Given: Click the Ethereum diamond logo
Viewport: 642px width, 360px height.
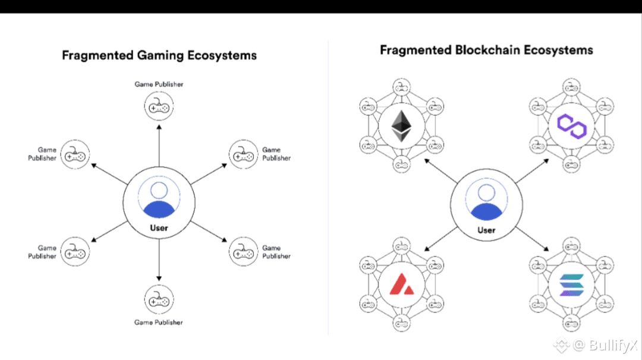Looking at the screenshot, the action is [x=401, y=126].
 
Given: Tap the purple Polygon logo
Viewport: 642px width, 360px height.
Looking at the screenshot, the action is [x=572, y=126].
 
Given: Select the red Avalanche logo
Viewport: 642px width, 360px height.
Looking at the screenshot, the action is [x=401, y=284].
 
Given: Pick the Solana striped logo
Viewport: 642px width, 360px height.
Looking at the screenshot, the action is [x=572, y=285].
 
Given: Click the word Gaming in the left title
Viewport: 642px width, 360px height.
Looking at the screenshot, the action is [x=160, y=56].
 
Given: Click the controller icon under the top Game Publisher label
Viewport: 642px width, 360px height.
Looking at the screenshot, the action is [x=159, y=106].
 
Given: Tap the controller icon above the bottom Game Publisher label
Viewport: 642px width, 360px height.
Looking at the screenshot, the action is [x=159, y=299].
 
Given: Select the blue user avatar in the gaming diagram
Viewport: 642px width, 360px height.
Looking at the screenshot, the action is [x=159, y=200].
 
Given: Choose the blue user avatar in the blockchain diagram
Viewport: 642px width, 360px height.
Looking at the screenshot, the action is [x=486, y=202].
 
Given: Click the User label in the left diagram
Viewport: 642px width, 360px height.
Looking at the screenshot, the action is [x=159, y=228].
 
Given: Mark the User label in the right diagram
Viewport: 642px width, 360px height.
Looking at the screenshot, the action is [x=486, y=230].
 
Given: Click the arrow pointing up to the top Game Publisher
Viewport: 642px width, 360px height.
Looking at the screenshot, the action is [x=159, y=146].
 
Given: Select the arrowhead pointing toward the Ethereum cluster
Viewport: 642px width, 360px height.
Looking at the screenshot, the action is [x=427, y=161].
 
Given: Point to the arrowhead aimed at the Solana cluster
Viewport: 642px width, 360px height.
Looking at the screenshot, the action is [x=546, y=248].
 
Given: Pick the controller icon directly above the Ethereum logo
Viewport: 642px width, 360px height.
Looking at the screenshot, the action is [x=401, y=87].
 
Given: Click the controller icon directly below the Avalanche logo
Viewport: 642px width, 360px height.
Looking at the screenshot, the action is [x=401, y=323].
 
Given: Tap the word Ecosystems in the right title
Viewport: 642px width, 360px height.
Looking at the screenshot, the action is [x=558, y=50].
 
